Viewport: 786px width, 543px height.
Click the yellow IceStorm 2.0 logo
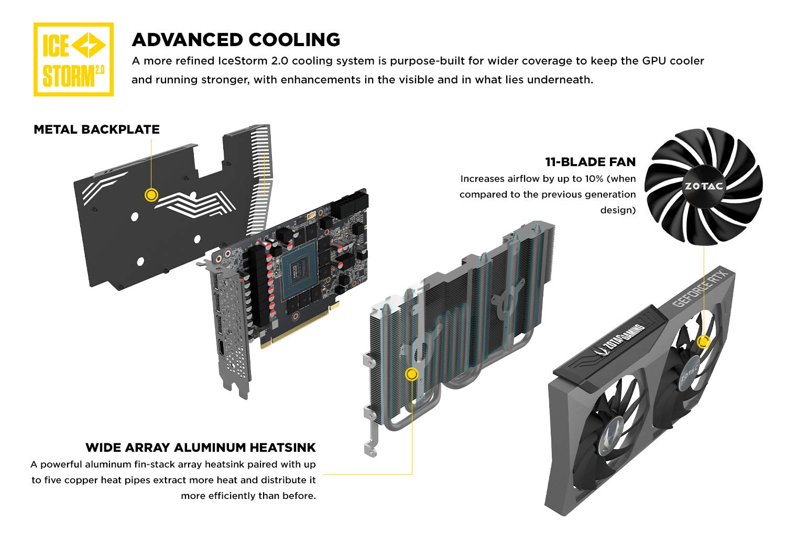[x=73, y=59]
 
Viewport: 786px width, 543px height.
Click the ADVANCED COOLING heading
[x=236, y=40]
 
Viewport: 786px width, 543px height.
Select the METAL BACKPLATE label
[x=96, y=129]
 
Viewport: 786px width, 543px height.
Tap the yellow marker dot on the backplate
[x=151, y=195]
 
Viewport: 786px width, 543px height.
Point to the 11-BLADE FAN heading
[x=590, y=162]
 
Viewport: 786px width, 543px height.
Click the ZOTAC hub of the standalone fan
[x=704, y=186]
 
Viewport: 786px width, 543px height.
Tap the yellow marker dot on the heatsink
[x=412, y=374]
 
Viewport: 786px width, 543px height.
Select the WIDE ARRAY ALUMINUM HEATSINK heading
[x=201, y=448]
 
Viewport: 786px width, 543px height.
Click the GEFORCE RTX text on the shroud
[x=701, y=288]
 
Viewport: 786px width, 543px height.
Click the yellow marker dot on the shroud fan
[x=704, y=342]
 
